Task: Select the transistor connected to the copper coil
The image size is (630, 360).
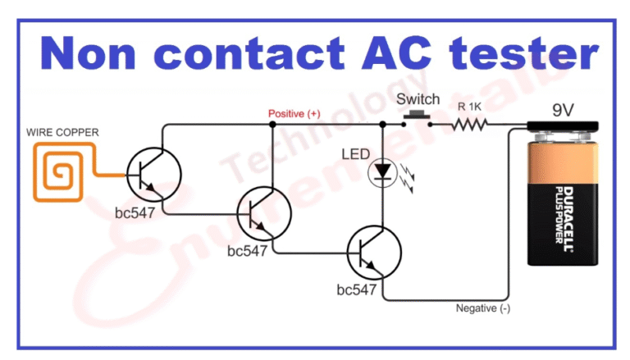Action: pyautogui.click(x=153, y=175)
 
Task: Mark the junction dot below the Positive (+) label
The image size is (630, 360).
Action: pyautogui.click(x=272, y=125)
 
